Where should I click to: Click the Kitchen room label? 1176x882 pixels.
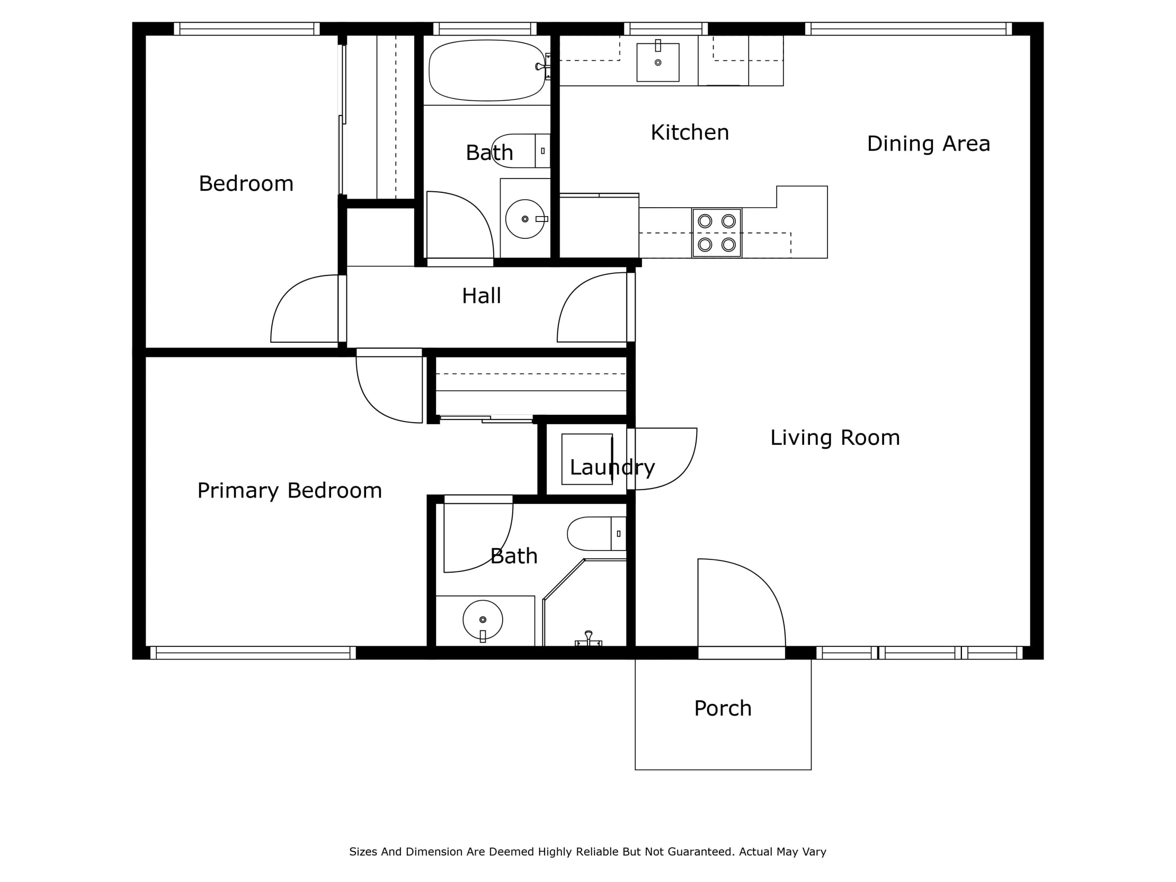pyautogui.click(x=690, y=132)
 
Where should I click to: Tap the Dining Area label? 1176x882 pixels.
pyautogui.click(x=928, y=144)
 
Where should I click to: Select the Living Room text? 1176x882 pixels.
pyautogui.click(x=835, y=438)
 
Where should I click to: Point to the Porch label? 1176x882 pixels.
pyautogui.click(x=723, y=708)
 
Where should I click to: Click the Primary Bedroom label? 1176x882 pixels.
pyautogui.click(x=289, y=490)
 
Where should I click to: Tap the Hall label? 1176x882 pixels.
pyautogui.click(x=481, y=296)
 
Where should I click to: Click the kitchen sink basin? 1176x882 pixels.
pyautogui.click(x=657, y=62)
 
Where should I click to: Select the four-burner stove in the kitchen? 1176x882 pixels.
pyautogui.click(x=716, y=233)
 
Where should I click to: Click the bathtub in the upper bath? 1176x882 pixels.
pyautogui.click(x=486, y=70)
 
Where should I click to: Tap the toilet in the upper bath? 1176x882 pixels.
pyautogui.click(x=519, y=151)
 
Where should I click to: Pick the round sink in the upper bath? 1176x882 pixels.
pyautogui.click(x=525, y=219)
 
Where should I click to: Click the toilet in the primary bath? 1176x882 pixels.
pyautogui.click(x=595, y=533)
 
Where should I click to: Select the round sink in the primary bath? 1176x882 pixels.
pyautogui.click(x=482, y=619)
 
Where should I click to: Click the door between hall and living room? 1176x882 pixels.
pyautogui.click(x=593, y=308)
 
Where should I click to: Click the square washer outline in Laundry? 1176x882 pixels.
pyautogui.click(x=587, y=459)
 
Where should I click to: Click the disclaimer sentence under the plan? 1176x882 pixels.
pyautogui.click(x=587, y=852)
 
